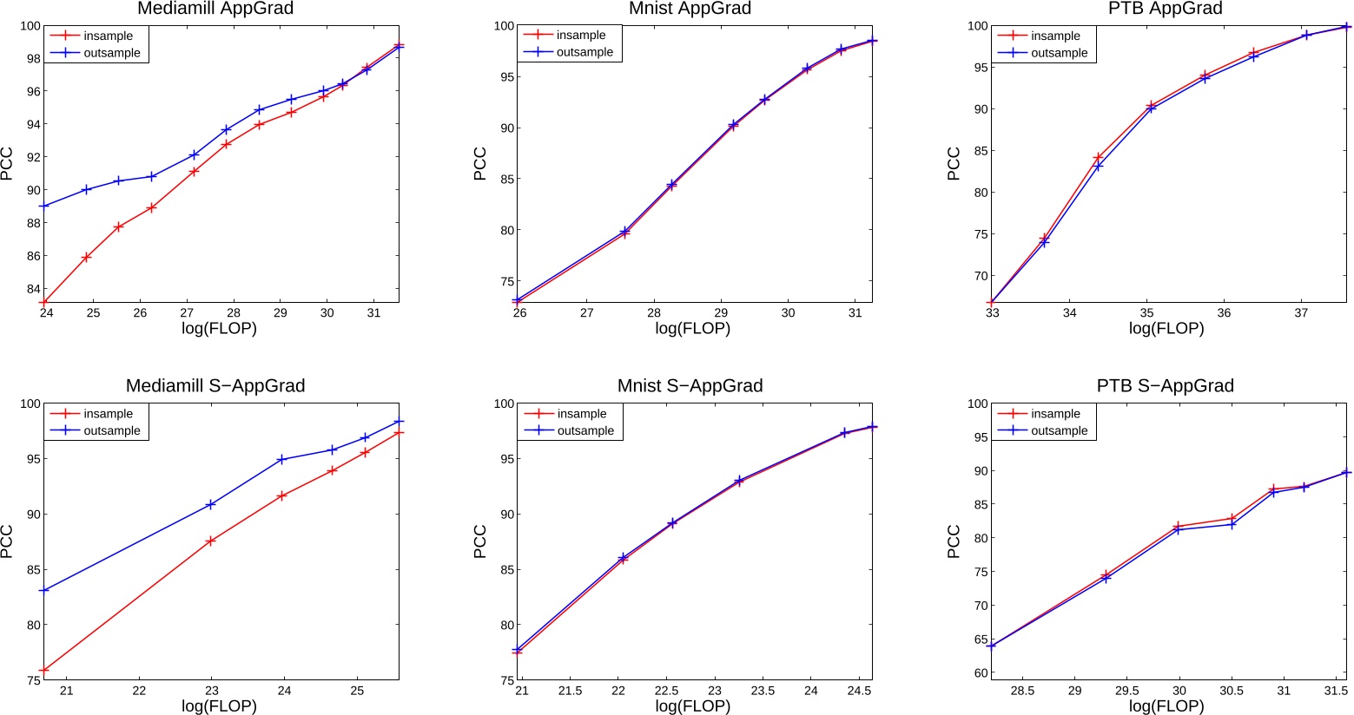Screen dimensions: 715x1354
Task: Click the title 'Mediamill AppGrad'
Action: pyautogui.click(x=215, y=9)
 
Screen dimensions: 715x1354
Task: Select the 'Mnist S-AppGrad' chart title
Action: pyautogui.click(x=690, y=386)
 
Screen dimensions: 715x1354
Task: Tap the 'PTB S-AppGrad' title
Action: pyautogui.click(x=1165, y=386)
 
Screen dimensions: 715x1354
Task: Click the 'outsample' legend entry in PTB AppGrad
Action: pyautogui.click(x=1059, y=53)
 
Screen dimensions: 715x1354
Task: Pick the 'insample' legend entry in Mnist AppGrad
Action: pyautogui.click(x=581, y=36)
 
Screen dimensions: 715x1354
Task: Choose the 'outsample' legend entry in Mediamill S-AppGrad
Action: pyautogui.click(x=111, y=431)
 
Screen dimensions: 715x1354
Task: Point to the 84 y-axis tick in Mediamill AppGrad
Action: pyautogui.click(x=30, y=289)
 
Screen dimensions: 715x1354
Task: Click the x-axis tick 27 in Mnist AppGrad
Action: pyautogui.click(x=586, y=313)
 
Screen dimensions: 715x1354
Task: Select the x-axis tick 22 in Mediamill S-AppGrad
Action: pyautogui.click(x=139, y=692)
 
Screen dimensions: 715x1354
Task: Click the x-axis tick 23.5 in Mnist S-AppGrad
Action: pyautogui.click(x=762, y=692)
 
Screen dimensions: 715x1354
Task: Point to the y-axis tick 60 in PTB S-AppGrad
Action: pyautogui.click(x=978, y=673)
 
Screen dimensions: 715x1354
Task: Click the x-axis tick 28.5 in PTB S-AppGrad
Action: pyautogui.click(x=1022, y=692)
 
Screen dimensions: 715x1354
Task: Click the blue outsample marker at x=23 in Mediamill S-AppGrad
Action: pyautogui.click(x=210, y=504)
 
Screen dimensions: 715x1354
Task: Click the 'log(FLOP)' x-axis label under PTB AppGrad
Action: pyautogui.click(x=1166, y=329)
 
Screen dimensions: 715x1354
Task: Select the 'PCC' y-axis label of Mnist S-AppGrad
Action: pyautogui.click(x=480, y=541)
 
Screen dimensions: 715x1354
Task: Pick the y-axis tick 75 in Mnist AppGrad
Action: pyautogui.click(x=505, y=282)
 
